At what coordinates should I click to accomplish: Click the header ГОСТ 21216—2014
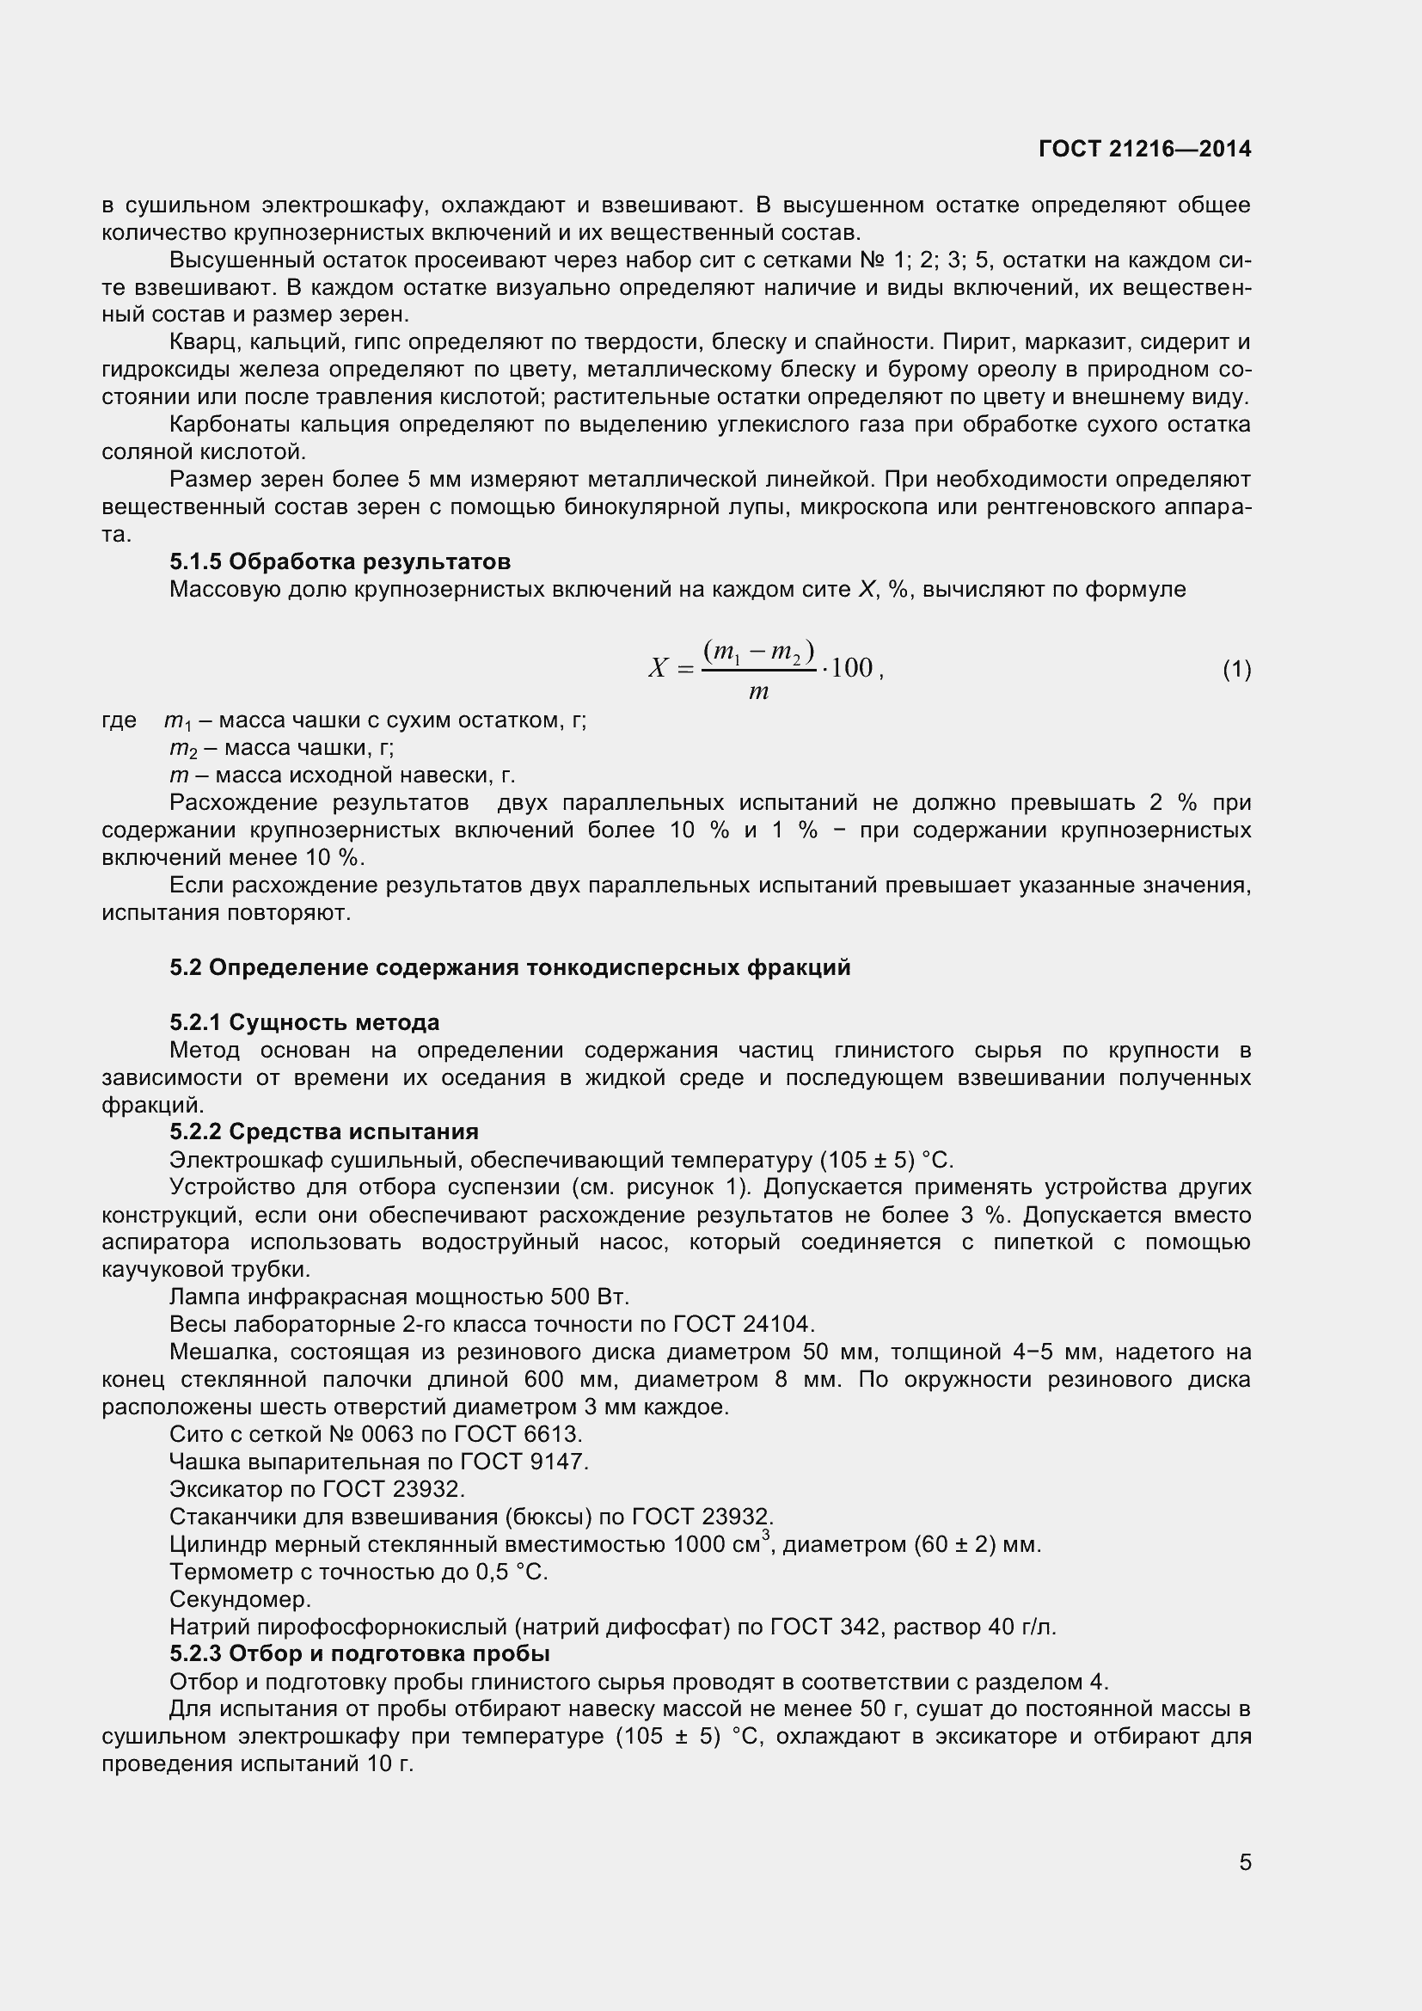point(1144,149)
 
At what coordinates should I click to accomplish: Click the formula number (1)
point(1236,670)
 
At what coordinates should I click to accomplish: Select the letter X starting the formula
point(658,669)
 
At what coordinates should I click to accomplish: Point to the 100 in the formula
point(851,668)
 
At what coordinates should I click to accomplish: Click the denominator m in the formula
point(758,692)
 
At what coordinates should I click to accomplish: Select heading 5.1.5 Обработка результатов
point(340,561)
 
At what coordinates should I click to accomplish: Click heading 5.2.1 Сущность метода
point(303,1022)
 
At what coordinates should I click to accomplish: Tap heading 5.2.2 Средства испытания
point(323,1131)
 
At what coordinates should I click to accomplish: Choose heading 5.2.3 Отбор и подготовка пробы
point(359,1653)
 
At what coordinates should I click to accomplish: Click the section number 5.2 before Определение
point(185,968)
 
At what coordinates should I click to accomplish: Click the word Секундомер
point(240,1599)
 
